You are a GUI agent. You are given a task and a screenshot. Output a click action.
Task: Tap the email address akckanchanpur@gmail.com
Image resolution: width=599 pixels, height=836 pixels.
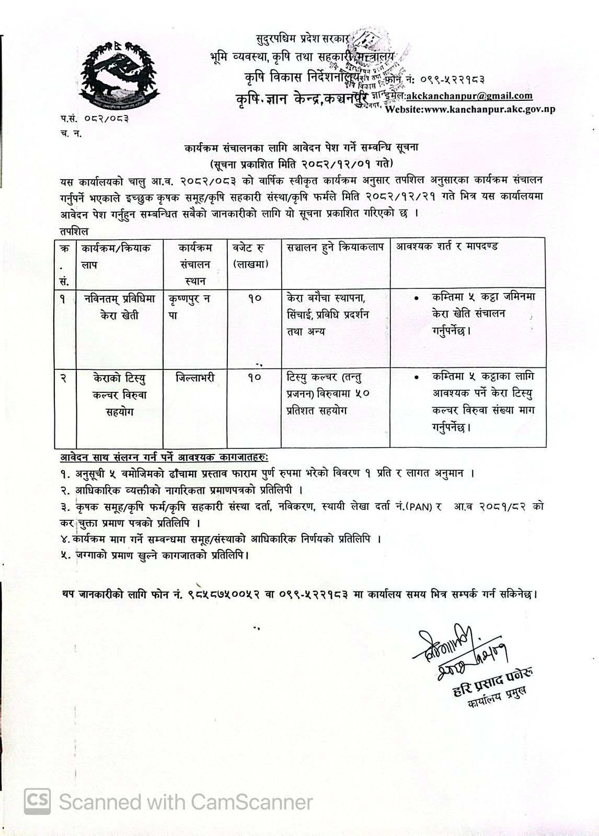[x=469, y=96]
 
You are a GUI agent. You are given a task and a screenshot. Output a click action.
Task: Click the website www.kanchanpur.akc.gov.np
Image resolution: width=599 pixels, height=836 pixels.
[x=470, y=109]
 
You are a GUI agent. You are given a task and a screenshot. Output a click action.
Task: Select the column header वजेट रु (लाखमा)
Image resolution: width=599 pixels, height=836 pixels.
[x=251, y=256]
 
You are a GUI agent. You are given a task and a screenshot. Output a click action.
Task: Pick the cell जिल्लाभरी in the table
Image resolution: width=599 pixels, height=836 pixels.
[x=195, y=377]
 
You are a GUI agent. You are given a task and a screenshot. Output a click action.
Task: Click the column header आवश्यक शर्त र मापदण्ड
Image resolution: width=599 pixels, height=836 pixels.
[x=447, y=247]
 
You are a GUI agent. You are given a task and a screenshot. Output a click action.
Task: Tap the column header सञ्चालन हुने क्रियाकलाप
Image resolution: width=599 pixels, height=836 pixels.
[x=335, y=247]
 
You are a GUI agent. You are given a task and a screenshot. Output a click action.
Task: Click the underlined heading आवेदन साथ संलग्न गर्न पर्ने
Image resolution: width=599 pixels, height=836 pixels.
[x=164, y=458]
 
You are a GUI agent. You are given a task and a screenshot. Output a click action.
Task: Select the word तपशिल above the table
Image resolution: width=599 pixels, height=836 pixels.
[x=74, y=230]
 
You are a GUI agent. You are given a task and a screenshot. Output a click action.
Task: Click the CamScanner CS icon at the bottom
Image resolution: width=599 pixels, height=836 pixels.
[x=38, y=802]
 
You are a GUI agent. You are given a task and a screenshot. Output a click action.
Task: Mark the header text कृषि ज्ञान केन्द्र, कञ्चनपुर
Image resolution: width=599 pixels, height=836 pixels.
[x=302, y=98]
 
